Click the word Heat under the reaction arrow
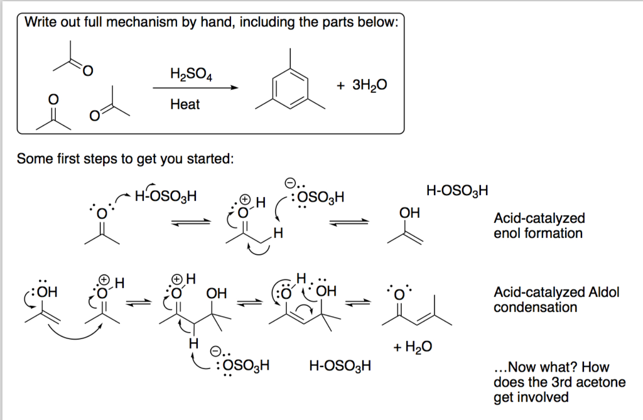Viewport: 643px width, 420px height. [x=185, y=104]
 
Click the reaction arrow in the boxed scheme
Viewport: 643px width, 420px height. [x=195, y=89]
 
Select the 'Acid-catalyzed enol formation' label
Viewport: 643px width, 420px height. [x=539, y=226]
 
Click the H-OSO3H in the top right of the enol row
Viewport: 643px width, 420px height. [x=457, y=190]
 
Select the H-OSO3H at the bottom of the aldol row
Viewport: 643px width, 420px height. [x=340, y=365]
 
